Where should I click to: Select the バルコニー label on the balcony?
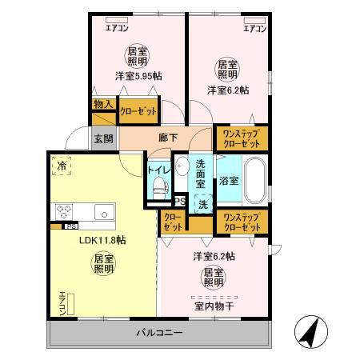(x=159, y=332)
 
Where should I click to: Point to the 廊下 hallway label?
(x=167, y=137)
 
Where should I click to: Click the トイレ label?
(x=158, y=170)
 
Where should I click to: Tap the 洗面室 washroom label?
(x=202, y=172)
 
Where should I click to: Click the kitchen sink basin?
(x=102, y=211)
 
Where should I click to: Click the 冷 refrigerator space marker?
(x=61, y=166)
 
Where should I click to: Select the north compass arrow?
(x=308, y=330)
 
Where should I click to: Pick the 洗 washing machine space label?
(x=202, y=204)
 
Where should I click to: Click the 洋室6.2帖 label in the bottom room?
(x=214, y=257)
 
